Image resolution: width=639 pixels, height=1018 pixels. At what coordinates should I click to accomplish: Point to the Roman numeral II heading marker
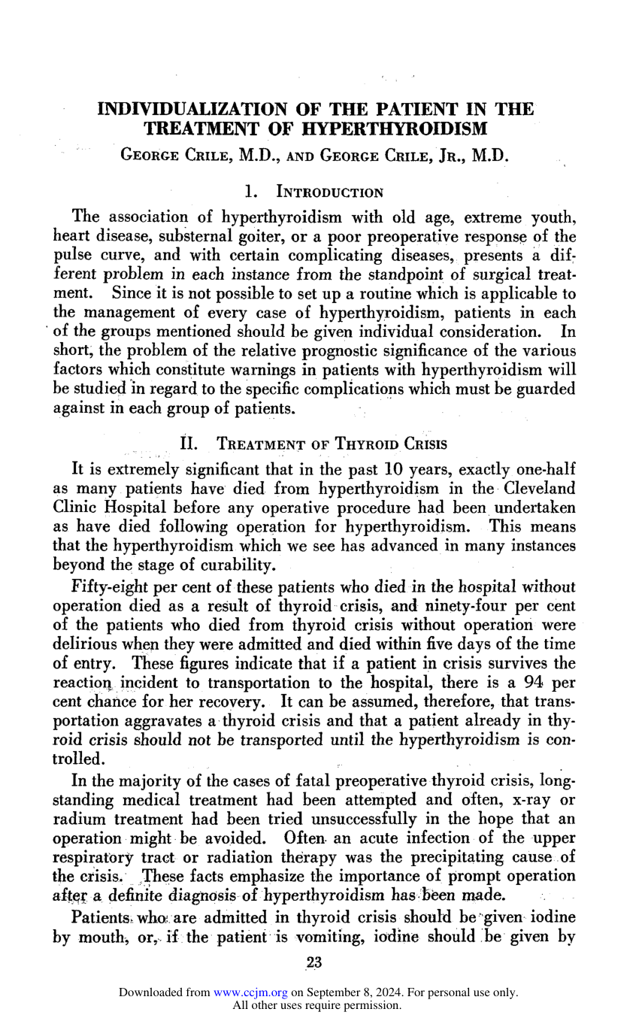(191, 444)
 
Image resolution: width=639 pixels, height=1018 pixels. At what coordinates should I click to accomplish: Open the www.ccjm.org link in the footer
(250, 992)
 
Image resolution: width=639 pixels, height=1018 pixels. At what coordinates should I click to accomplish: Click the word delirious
(85, 644)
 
